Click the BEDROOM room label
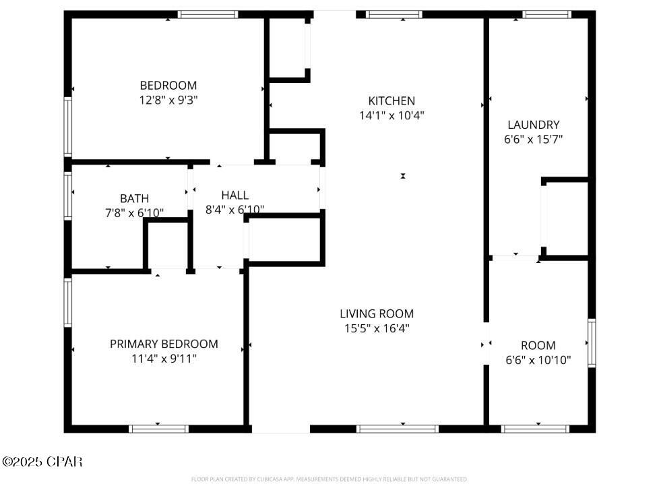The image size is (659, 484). coord(168,86)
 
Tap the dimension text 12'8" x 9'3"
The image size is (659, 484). coord(168,99)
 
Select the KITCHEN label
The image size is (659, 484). coord(391,101)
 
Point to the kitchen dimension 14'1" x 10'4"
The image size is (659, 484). coord(391,115)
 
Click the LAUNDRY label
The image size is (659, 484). coord(533,125)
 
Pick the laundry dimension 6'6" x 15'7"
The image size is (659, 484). coord(533,139)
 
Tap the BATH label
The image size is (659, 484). coord(134,198)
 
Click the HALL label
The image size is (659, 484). coord(234,195)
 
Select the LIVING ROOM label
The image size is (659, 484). coord(376,313)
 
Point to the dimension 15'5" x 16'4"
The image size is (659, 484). coord(376,328)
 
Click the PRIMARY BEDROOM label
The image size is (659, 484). coord(164,344)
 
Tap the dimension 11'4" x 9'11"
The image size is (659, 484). coord(164,359)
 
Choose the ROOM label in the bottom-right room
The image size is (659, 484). coord(538,345)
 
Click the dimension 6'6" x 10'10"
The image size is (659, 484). coord(538,360)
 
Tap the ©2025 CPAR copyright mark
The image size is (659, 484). coord(42,462)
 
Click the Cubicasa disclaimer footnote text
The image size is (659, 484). coord(329,479)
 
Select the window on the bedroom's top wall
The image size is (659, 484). coord(208,14)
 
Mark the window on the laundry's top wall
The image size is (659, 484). coord(547,14)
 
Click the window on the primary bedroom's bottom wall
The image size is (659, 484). coord(158,428)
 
